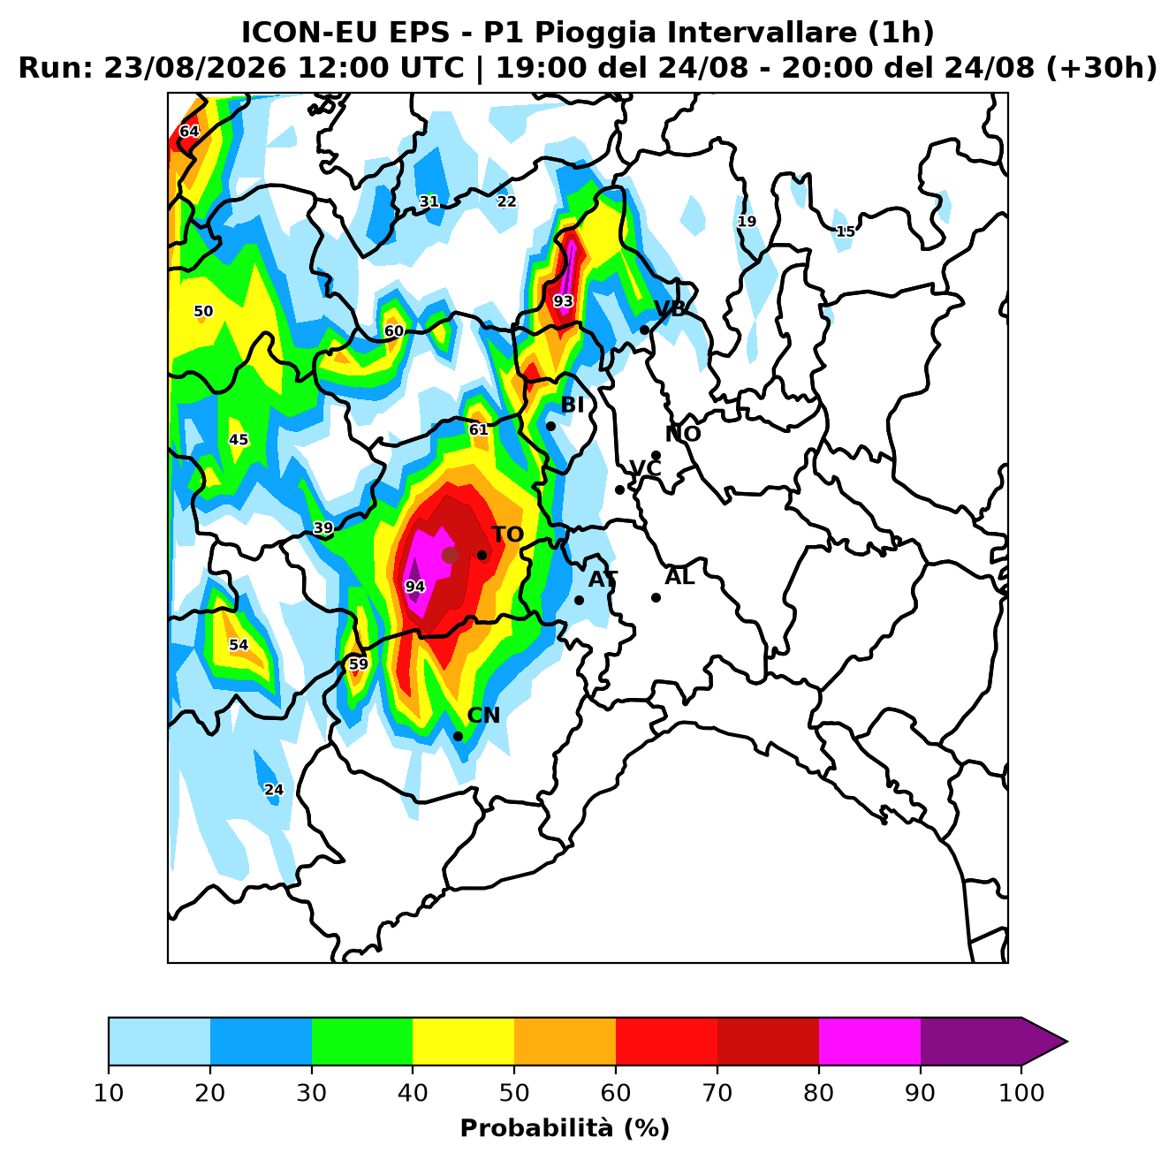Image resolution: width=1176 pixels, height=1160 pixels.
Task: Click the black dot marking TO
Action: coord(482,555)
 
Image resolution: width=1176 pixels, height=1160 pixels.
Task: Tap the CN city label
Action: coord(483,715)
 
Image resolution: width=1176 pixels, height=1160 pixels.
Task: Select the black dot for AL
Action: coord(656,598)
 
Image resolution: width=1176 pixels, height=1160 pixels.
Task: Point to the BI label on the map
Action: coord(572,405)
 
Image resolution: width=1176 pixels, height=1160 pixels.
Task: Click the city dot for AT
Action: coord(579,600)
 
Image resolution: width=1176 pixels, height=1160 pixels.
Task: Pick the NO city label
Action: coord(682,434)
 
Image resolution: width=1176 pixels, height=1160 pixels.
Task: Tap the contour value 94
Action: coord(415,587)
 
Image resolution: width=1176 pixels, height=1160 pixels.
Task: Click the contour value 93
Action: coord(564,301)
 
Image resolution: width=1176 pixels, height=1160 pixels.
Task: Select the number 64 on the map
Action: coord(189,132)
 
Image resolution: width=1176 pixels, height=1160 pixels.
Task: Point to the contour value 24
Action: coord(274,790)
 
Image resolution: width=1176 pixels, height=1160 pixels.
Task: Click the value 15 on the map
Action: coord(846,231)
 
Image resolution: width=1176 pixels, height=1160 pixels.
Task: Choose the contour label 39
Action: coord(323,528)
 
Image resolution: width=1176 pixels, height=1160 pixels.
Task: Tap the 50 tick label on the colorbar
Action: coord(514,1092)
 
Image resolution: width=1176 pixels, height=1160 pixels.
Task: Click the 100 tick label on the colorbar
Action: coord(1021,1092)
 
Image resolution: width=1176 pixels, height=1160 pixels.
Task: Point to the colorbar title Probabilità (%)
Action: coord(565,1128)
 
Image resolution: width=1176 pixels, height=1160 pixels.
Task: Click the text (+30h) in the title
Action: coord(1101,68)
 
